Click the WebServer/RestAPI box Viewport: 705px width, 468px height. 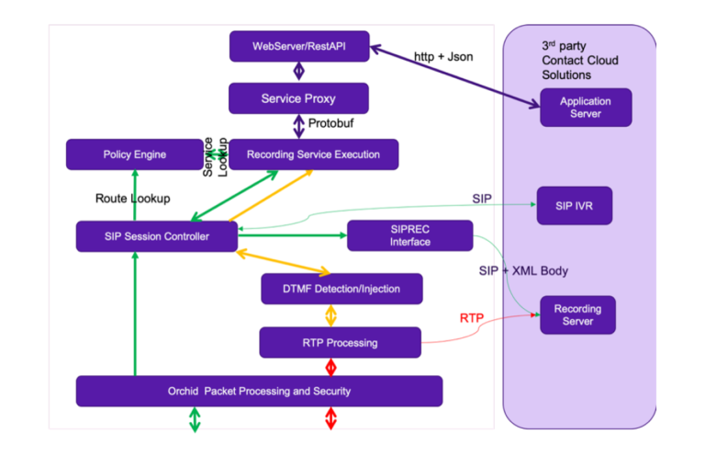(299, 46)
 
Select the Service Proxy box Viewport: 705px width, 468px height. (298, 98)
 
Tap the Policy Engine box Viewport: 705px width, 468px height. (134, 154)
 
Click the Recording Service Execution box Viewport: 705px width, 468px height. (313, 154)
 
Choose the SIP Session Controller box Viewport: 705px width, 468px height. (155, 236)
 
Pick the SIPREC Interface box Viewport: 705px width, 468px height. (409, 235)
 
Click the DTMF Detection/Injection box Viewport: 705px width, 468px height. (341, 289)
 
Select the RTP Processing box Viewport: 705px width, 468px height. (340, 343)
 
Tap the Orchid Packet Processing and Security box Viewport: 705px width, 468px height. (259, 391)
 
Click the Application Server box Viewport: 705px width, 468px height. (586, 108)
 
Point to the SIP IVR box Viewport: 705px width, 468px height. (574, 206)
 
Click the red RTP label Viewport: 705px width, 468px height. (471, 318)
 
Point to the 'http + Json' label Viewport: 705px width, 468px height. (442, 57)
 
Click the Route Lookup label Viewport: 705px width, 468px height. (132, 198)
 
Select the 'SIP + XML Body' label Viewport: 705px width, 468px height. (523, 270)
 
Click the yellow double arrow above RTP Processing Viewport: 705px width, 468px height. (331, 315)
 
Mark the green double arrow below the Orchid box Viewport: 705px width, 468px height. (195, 419)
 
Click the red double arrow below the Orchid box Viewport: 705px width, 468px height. (331, 419)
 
